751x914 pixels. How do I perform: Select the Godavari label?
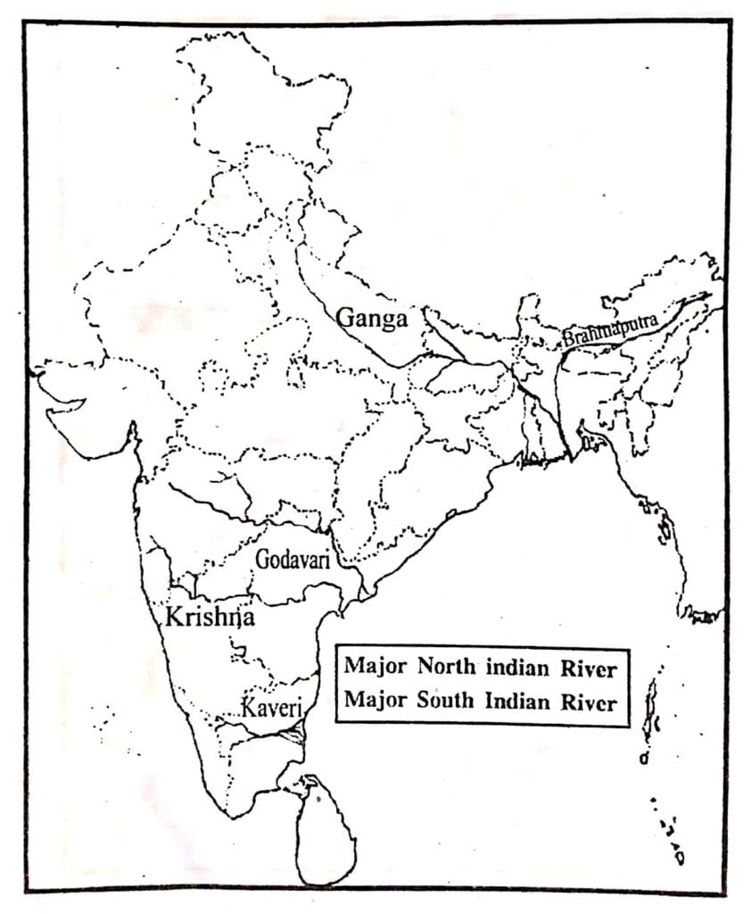click(x=293, y=559)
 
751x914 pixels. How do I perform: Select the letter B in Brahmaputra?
click(x=567, y=339)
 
